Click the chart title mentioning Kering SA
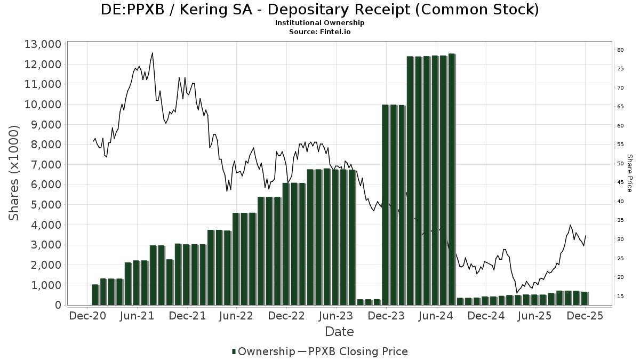319,10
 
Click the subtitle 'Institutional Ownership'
319,23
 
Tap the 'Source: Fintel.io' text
319,32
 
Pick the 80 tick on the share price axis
620,50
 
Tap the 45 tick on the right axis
620,183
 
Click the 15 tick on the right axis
620,297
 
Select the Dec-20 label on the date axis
88,316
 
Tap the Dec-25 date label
585,316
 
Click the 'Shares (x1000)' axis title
14,173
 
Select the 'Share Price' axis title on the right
629,173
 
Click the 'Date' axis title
339,332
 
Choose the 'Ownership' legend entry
263,351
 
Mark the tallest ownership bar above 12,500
452,179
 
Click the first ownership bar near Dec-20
95,294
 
